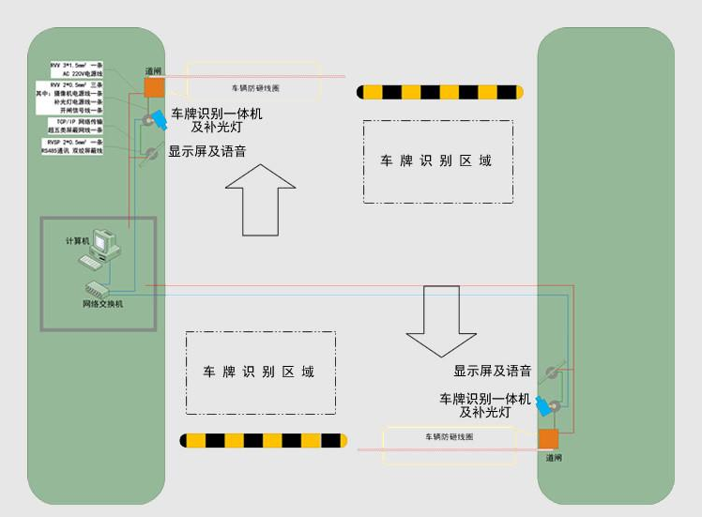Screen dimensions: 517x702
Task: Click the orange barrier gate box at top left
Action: (154, 86)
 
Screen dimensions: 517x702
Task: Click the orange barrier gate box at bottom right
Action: (548, 439)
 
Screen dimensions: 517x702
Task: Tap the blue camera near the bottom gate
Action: (543, 407)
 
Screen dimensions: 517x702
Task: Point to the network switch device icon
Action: (101, 289)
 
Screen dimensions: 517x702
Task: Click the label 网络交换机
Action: (102, 305)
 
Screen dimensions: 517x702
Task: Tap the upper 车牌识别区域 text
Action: (435, 160)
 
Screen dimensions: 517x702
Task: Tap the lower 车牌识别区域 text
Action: (259, 372)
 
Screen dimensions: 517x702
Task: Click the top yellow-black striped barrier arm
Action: (439, 92)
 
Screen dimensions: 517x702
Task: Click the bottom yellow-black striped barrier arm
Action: (264, 440)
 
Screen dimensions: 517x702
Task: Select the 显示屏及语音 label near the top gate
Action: (206, 150)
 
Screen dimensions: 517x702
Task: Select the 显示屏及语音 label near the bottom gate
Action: (493, 371)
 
